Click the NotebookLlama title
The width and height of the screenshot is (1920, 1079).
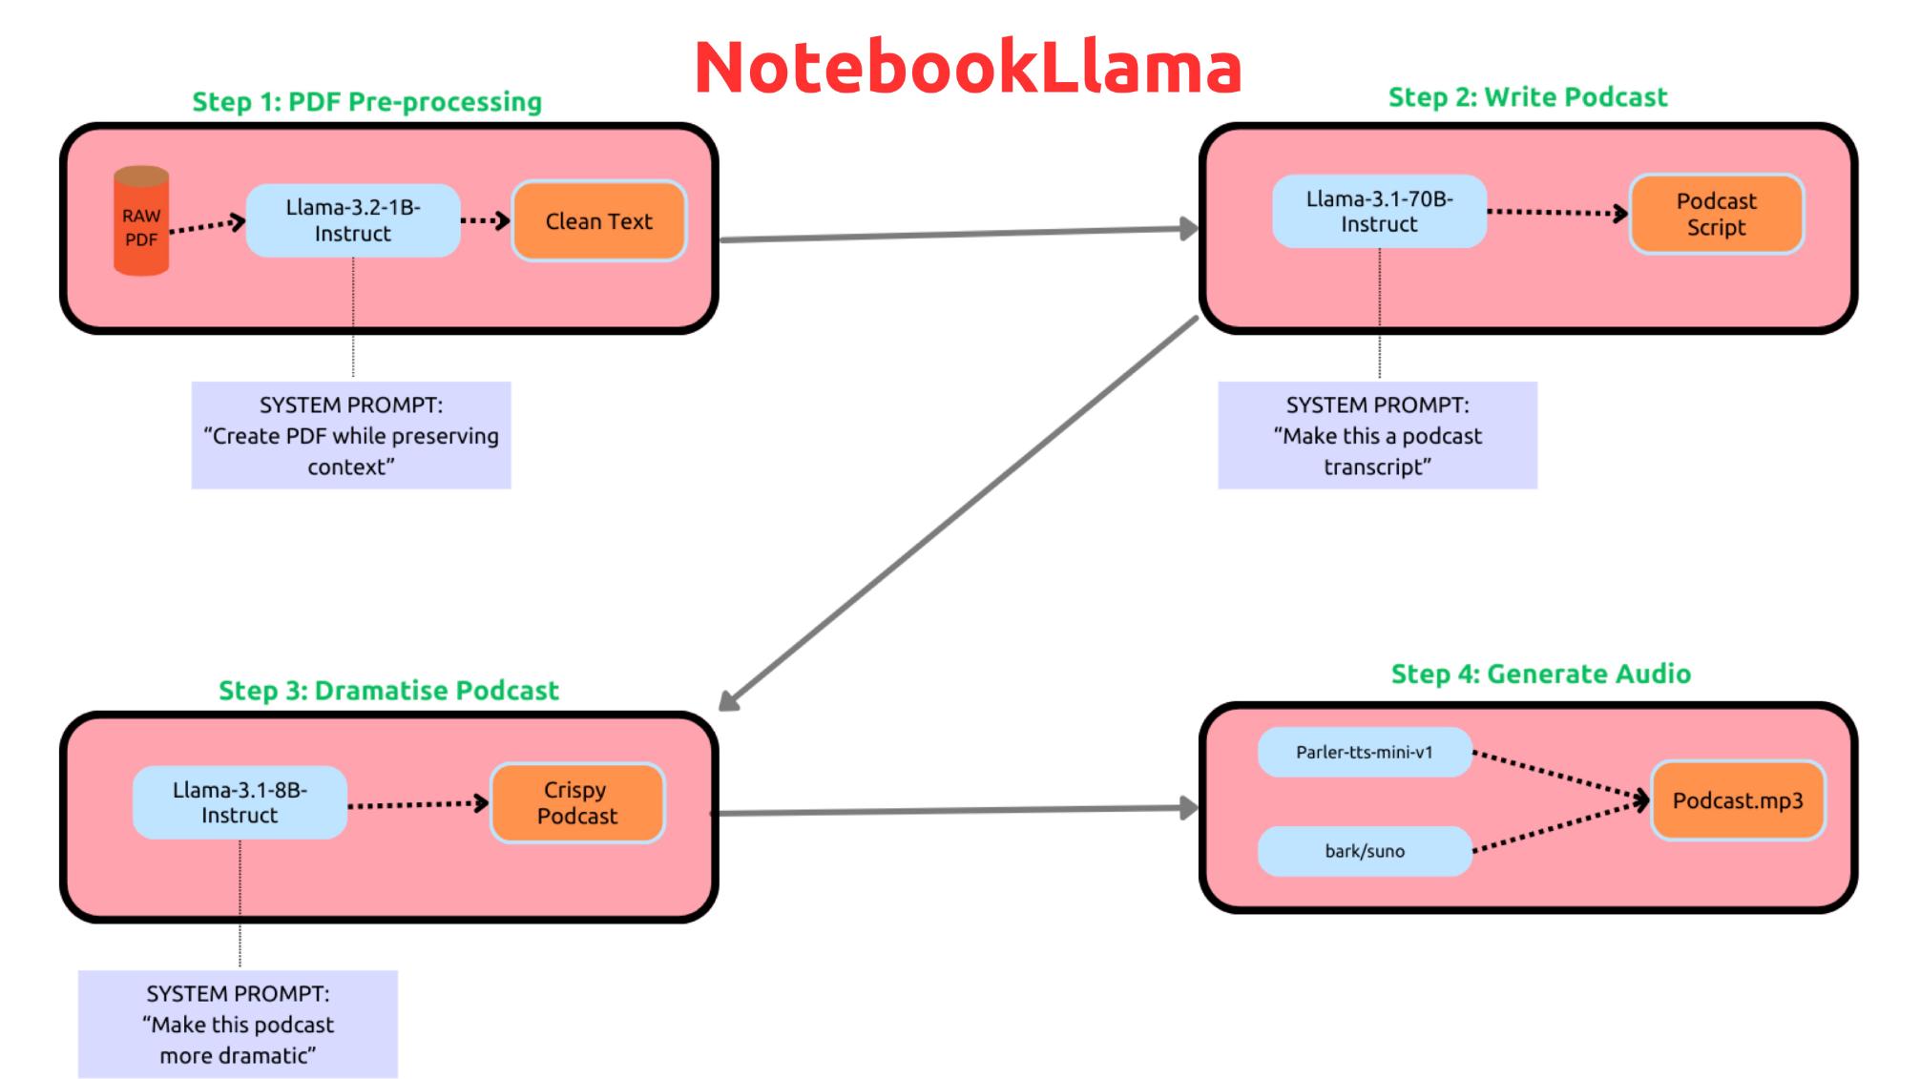pyautogui.click(x=968, y=68)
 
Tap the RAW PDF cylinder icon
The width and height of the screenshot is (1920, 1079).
pyautogui.click(x=141, y=221)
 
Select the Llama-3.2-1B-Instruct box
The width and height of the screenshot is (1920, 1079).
pyautogui.click(x=353, y=220)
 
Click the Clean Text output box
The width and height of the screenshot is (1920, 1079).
pyautogui.click(x=599, y=221)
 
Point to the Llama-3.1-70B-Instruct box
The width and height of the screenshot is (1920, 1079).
pyautogui.click(x=1379, y=212)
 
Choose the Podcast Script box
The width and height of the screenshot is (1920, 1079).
pyautogui.click(x=1716, y=215)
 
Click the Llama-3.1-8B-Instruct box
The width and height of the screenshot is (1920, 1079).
pyautogui.click(x=240, y=802)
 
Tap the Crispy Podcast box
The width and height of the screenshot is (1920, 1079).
pyautogui.click(x=577, y=803)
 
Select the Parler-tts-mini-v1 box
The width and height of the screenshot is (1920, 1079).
pyautogui.click(x=1365, y=752)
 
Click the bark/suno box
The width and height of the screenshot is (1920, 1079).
pyautogui.click(x=1365, y=851)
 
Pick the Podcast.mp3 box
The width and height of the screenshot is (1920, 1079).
pyautogui.click(x=1738, y=800)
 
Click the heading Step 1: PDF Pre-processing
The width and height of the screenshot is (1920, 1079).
pyautogui.click(x=366, y=102)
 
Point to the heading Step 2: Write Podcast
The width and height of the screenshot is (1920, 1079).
pyautogui.click(x=1527, y=97)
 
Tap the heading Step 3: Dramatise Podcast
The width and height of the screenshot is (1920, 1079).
pyautogui.click(x=388, y=691)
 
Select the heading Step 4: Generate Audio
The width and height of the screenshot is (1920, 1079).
pyautogui.click(x=1540, y=674)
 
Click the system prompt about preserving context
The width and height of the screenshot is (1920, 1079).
pyautogui.click(x=351, y=436)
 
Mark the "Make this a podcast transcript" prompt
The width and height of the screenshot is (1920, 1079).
pyautogui.click(x=1377, y=436)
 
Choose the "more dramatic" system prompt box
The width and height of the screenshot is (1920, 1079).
pyautogui.click(x=238, y=1025)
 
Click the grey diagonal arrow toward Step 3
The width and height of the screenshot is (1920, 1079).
pyautogui.click(x=958, y=513)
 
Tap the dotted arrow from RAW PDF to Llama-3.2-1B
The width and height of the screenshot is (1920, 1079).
pyautogui.click(x=207, y=226)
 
